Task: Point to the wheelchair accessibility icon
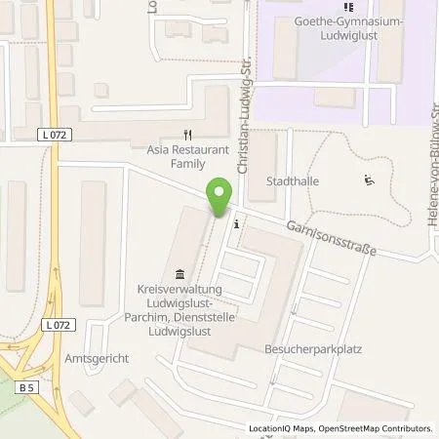coord(369,179)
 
